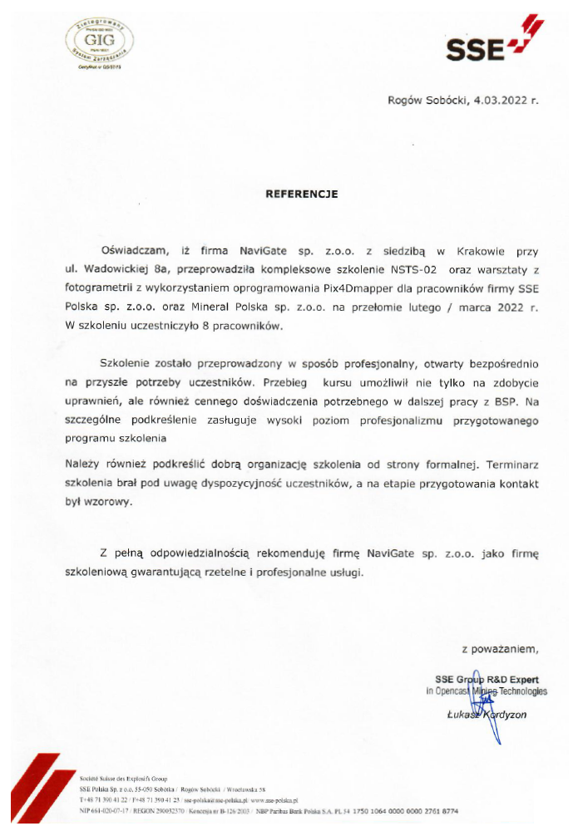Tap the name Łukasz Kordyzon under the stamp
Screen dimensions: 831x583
tap(489, 714)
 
